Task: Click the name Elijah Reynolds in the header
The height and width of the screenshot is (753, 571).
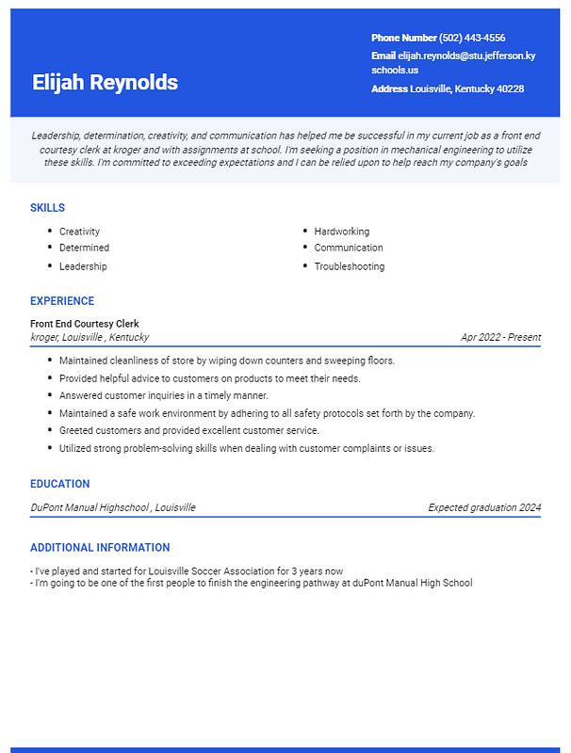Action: pos(105,82)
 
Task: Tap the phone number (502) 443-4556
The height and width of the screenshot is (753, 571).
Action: pos(472,39)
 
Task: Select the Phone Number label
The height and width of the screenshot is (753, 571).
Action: pos(403,39)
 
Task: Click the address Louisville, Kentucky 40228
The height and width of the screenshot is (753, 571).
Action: pos(467,88)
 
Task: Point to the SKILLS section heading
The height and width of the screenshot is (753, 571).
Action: pos(47,208)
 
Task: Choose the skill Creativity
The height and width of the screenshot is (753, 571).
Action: pos(79,232)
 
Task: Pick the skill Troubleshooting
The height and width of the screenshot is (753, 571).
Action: pos(350,266)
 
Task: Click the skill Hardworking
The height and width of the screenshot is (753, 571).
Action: pos(342,232)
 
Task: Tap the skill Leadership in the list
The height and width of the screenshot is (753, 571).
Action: pos(83,266)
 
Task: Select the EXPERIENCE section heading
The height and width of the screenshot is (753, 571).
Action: pos(62,301)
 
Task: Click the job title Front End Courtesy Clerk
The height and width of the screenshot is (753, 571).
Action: pos(85,324)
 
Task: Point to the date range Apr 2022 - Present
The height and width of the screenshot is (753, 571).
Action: pos(500,337)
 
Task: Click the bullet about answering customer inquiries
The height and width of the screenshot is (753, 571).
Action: pos(164,395)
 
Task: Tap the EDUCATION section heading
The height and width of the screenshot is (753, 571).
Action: pos(59,484)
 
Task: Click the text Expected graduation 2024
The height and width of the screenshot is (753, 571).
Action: pos(484,507)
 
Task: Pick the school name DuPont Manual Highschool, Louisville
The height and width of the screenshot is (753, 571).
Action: pos(113,507)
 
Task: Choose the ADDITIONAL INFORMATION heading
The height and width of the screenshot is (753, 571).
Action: pos(100,548)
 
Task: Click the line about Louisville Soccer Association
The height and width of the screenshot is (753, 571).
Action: pos(187,571)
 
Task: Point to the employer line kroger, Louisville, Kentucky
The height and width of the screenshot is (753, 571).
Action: pos(90,337)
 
